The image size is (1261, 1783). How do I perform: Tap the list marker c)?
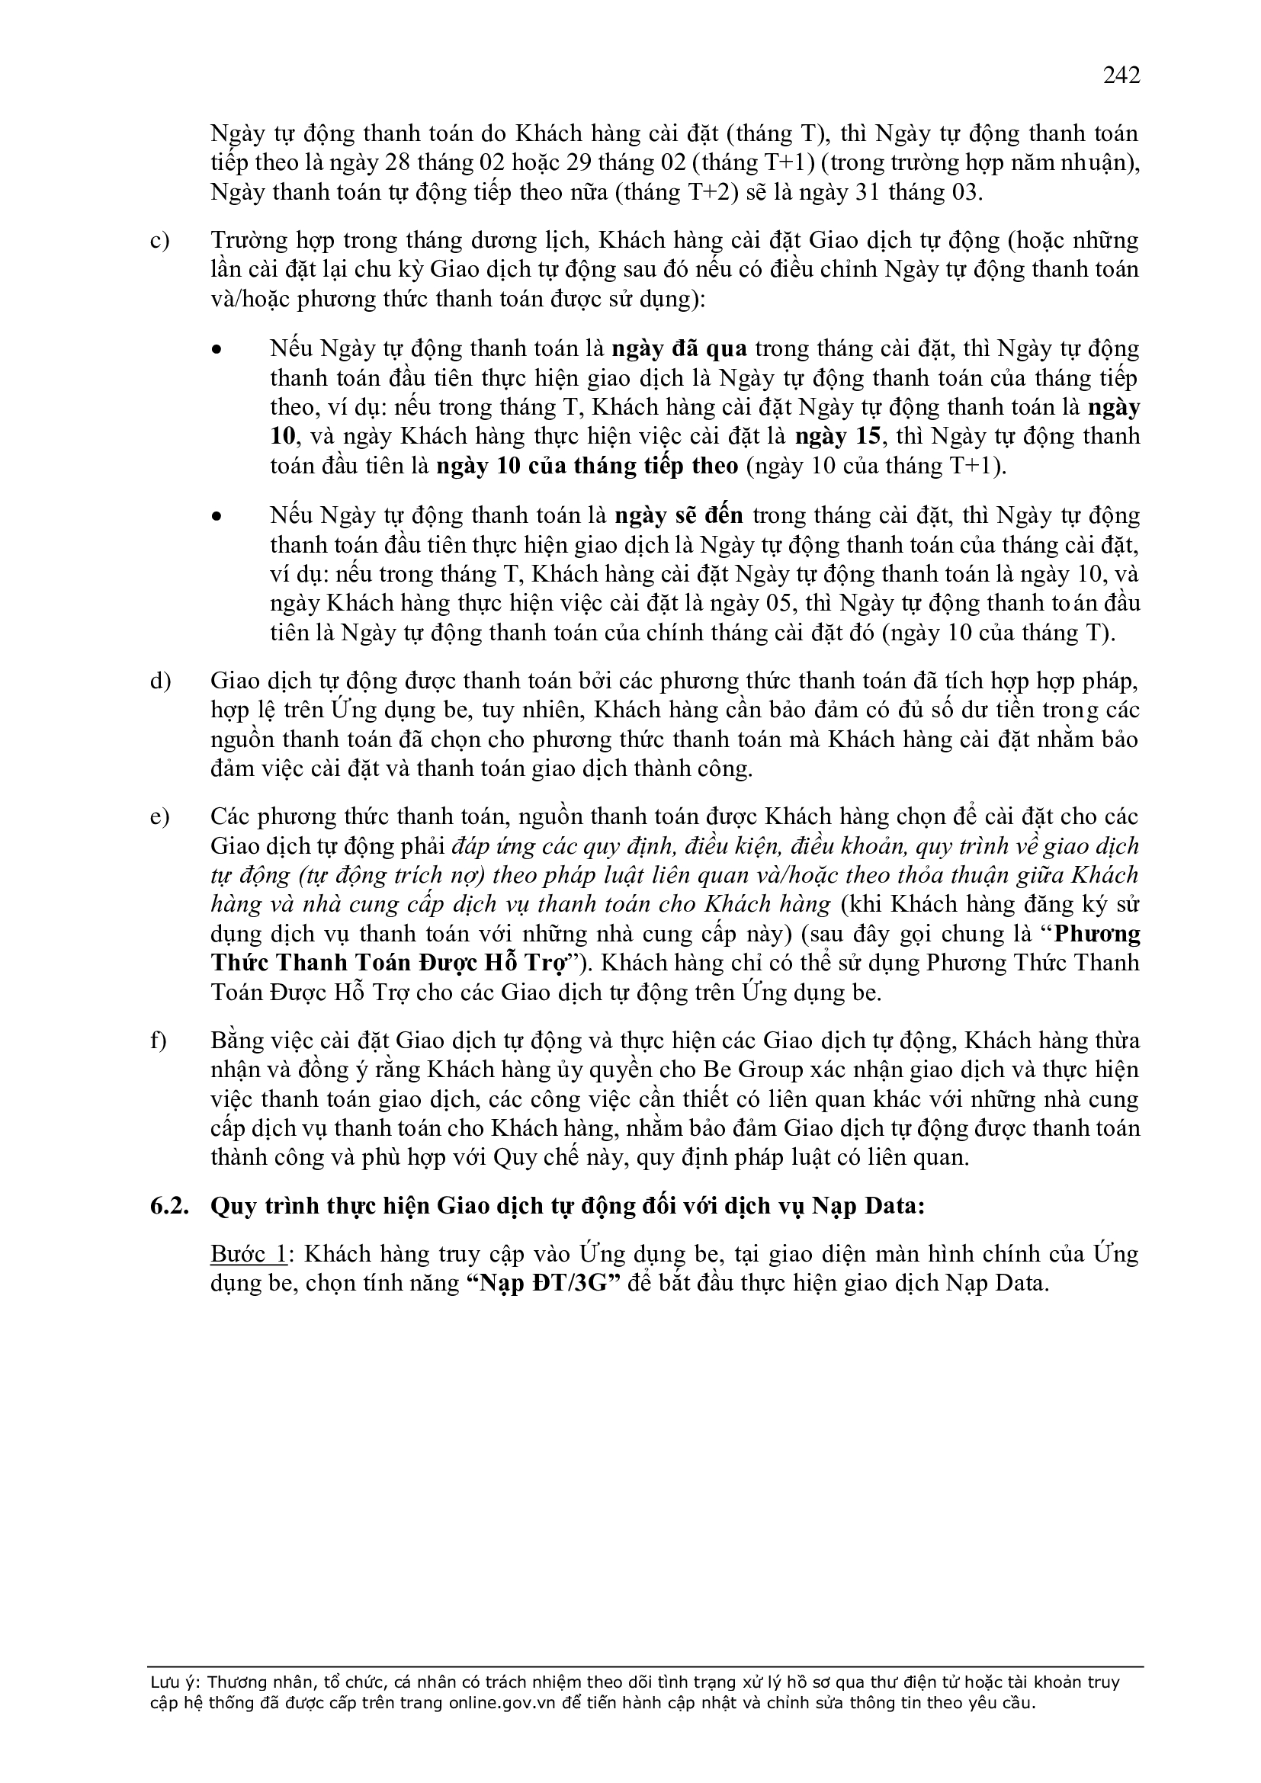tap(160, 242)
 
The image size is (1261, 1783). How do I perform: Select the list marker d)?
tap(160, 681)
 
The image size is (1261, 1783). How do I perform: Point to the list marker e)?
tap(160, 817)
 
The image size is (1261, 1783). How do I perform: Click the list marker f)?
tap(159, 1041)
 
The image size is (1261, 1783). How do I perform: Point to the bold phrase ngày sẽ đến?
tap(679, 515)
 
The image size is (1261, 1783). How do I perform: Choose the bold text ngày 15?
tap(838, 437)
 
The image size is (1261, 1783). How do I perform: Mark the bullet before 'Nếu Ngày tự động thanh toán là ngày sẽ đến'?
tap(217, 516)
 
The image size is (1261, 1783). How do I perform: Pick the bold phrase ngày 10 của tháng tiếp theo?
tap(587, 466)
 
